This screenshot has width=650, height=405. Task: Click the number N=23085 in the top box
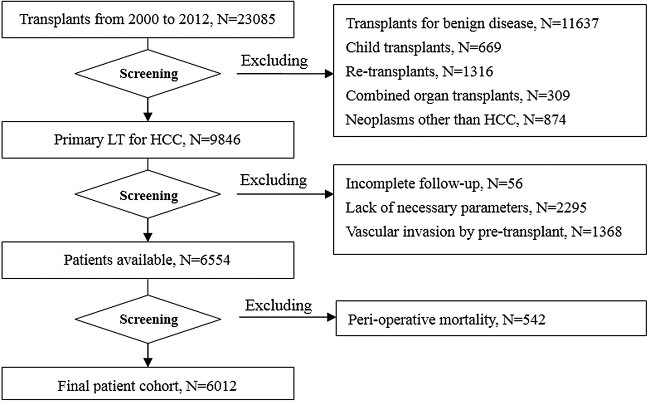[246, 19]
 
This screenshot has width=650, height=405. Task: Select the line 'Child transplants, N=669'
[423, 47]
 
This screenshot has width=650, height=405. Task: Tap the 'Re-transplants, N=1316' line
[419, 71]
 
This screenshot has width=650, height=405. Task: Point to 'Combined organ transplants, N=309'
[458, 95]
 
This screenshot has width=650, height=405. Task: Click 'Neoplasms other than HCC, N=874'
[456, 120]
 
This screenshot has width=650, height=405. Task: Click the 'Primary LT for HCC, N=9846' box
[148, 140]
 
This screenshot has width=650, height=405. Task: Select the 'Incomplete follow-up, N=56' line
[434, 184]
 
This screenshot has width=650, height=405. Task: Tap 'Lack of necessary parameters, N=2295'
[466, 208]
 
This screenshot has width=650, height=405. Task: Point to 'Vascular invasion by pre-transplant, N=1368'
[484, 231]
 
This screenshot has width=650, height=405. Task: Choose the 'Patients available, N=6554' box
[148, 260]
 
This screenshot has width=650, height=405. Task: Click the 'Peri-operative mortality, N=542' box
[491, 319]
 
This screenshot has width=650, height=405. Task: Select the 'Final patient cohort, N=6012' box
[148, 384]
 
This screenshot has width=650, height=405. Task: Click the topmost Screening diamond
[148, 74]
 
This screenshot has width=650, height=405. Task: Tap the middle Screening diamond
[148, 195]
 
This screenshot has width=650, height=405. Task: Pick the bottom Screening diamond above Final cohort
[148, 319]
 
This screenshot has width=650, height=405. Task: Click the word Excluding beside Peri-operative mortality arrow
[278, 306]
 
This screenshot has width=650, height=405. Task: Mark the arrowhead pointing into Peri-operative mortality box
[331, 317]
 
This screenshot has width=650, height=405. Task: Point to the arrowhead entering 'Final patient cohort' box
[148, 362]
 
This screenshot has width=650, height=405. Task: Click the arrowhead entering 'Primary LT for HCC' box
[148, 117]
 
